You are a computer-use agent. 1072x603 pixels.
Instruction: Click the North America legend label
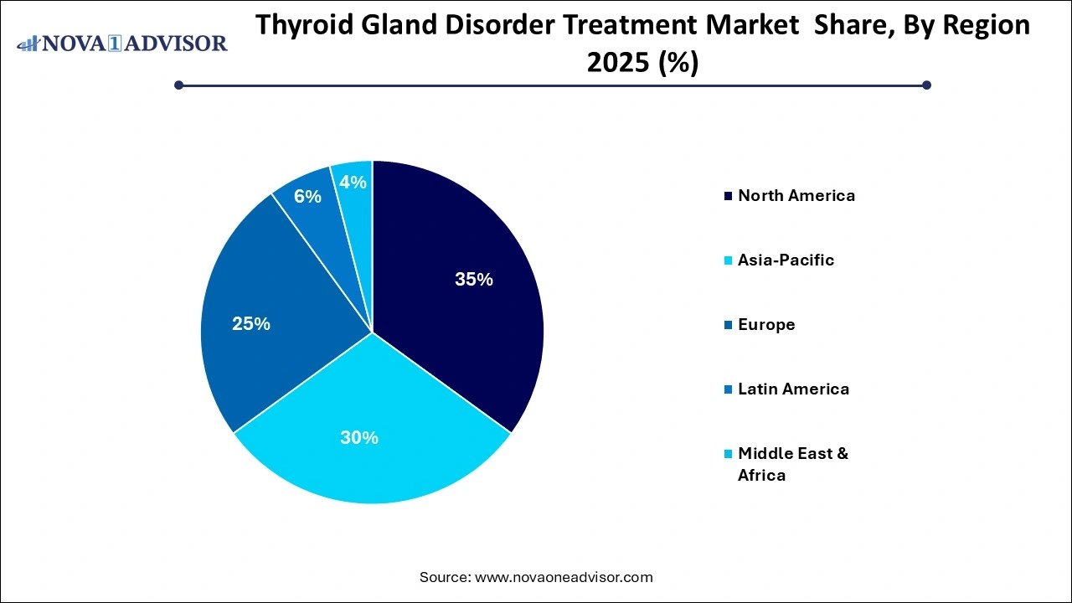click(796, 196)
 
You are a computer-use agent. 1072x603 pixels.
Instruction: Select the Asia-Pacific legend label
click(786, 260)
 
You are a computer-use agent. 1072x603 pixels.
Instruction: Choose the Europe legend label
click(766, 325)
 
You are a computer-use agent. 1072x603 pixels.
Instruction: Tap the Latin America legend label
click(793, 389)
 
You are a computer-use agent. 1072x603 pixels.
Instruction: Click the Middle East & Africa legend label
click(792, 464)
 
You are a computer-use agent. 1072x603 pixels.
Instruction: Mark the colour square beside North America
click(728, 197)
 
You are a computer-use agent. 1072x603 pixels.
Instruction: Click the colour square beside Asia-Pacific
click(728, 261)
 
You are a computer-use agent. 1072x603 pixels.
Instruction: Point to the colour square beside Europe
click(728, 326)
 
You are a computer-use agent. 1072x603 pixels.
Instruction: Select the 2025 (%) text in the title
click(642, 63)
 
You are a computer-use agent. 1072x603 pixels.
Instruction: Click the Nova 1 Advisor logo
click(122, 43)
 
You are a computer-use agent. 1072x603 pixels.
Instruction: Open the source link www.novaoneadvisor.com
click(563, 577)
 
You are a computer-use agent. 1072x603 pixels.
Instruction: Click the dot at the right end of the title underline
click(926, 85)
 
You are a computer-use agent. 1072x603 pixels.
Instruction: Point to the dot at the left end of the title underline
click(178, 85)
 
